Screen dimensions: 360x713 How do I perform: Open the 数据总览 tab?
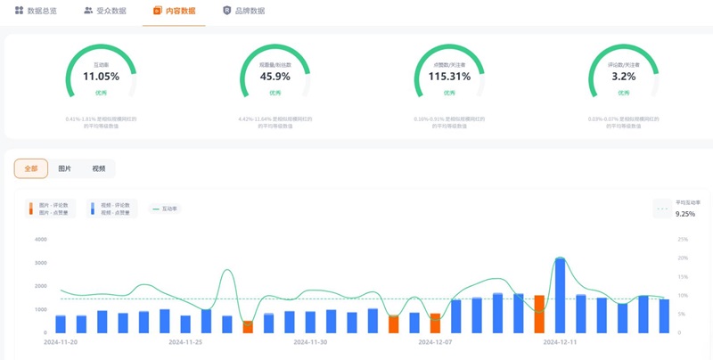click(36, 11)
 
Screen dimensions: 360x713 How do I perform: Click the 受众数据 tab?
click(105, 11)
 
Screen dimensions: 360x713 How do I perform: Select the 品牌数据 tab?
click(243, 11)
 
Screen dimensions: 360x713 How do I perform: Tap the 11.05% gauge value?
click(101, 77)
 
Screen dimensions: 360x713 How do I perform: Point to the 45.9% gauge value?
click(275, 77)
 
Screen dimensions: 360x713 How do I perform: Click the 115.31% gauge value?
click(449, 77)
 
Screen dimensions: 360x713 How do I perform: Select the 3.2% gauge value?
click(623, 77)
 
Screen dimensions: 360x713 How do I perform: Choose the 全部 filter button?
click(31, 168)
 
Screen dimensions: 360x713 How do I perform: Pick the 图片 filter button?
click(65, 168)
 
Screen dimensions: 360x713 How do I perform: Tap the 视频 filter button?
click(98, 168)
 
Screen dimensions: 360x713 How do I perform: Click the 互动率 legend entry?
click(165, 209)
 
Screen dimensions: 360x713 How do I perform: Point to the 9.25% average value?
click(685, 214)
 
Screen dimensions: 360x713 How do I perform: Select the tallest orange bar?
click(539, 314)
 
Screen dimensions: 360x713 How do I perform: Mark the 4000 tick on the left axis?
click(40, 240)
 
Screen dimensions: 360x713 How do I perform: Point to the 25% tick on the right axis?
click(683, 240)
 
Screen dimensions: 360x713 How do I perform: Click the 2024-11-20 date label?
click(61, 341)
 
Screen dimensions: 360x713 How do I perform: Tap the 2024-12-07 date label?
click(436, 341)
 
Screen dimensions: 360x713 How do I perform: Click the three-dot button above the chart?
click(661, 209)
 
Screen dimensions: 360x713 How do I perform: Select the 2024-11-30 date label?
click(311, 341)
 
